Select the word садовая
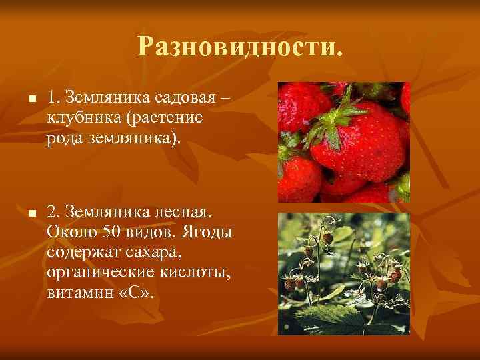pyautogui.click(x=186, y=97)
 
